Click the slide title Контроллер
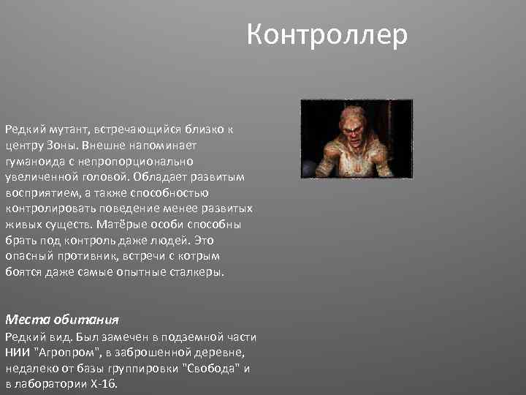[x=327, y=34]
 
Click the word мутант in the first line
[x=69, y=129]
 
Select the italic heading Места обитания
[x=62, y=320]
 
